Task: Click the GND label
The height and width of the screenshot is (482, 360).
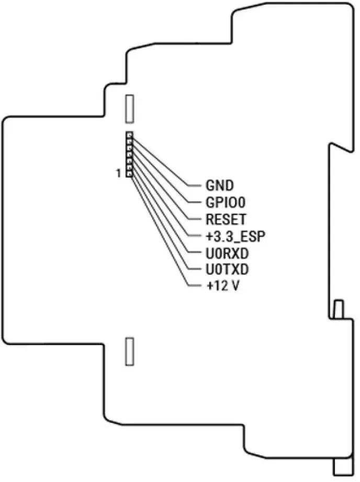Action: [219, 186]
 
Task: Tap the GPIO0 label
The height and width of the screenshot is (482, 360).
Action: [226, 202]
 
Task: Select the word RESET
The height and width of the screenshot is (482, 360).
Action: [226, 220]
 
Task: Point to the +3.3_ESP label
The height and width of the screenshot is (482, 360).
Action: [235, 236]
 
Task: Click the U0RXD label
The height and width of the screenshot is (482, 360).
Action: [227, 254]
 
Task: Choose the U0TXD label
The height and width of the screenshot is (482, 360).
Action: [227, 270]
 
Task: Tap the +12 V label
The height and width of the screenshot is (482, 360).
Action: [223, 286]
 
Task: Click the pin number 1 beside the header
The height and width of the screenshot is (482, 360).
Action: [118, 174]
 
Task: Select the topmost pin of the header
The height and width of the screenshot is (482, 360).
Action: [130, 135]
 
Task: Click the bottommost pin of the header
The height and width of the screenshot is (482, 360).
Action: [130, 174]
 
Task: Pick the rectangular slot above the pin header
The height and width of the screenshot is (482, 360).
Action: [130, 109]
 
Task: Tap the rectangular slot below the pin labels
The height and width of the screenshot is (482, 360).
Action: [130, 352]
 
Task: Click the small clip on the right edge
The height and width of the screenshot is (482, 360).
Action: [339, 309]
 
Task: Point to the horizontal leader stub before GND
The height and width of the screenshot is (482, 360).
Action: [195, 186]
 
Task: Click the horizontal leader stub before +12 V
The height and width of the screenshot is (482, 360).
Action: [195, 286]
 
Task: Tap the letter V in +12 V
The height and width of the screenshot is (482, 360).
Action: [235, 286]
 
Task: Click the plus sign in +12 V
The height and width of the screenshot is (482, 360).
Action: [209, 286]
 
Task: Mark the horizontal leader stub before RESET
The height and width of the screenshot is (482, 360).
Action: [195, 219]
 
